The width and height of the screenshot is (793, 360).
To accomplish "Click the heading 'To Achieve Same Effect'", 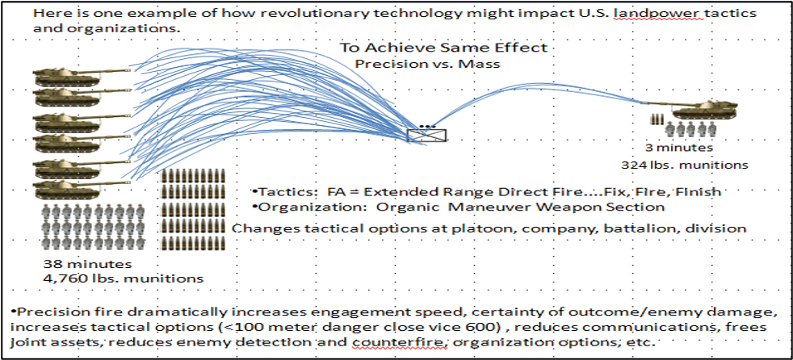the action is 443,48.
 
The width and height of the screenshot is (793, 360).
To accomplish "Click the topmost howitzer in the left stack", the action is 81,77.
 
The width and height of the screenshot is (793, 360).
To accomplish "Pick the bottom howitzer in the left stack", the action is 81,188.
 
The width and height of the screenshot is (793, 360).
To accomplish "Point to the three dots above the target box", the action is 427,125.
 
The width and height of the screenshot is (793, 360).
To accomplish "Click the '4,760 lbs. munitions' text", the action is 124,278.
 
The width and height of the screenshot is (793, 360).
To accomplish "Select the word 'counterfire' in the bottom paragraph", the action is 399,341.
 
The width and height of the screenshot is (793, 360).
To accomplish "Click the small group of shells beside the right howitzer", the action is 657,119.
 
